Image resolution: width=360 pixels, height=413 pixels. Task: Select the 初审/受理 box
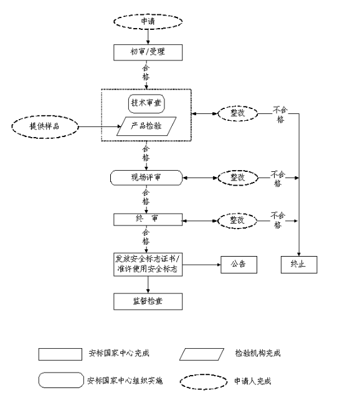[148, 52]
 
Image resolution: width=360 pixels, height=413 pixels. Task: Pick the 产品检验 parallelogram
[146, 126]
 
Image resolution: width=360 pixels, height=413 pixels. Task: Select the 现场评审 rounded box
[146, 178]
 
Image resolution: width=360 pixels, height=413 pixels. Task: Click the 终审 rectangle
[148, 219]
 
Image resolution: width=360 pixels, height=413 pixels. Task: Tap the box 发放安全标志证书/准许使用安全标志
[148, 265]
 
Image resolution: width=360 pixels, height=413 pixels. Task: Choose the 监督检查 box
[148, 301]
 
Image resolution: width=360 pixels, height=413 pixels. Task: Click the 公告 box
[239, 265]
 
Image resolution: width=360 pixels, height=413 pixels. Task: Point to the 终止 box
[299, 265]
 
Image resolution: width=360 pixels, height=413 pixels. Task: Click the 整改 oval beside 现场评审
[238, 178]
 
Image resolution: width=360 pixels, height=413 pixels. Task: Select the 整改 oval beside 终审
[237, 221]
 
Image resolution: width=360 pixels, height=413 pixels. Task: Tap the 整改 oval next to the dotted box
[238, 113]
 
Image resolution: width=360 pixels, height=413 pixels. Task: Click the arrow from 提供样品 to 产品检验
[100, 126]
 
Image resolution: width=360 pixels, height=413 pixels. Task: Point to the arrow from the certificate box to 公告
[201, 265]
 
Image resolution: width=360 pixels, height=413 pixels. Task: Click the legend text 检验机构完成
[258, 353]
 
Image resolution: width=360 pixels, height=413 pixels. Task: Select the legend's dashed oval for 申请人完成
[203, 382]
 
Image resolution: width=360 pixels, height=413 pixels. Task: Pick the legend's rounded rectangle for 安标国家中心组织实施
[61, 380]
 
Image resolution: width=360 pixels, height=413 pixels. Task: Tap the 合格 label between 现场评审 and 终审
[146, 197]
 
